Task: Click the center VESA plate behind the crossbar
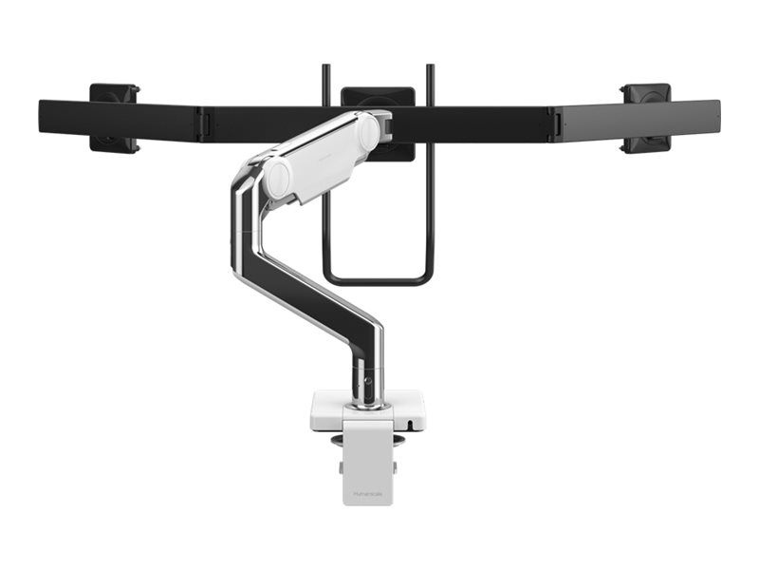click(x=378, y=96)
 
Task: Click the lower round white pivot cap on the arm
click(x=279, y=179)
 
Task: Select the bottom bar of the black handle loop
click(x=378, y=279)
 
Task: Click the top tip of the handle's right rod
click(x=432, y=67)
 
